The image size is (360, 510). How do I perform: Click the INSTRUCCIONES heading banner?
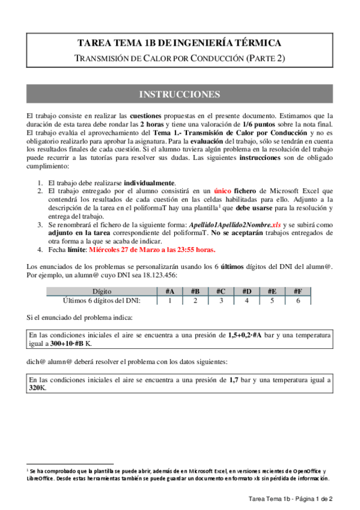tap(180, 95)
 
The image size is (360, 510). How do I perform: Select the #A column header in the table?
tap(170, 292)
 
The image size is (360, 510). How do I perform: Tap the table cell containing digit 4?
tap(246, 300)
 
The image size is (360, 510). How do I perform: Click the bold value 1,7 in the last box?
tap(236, 381)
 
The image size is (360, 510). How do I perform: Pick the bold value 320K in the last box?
tap(38, 389)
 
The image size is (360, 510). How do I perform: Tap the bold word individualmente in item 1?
tap(150, 183)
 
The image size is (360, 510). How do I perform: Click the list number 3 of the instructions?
tap(40, 224)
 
